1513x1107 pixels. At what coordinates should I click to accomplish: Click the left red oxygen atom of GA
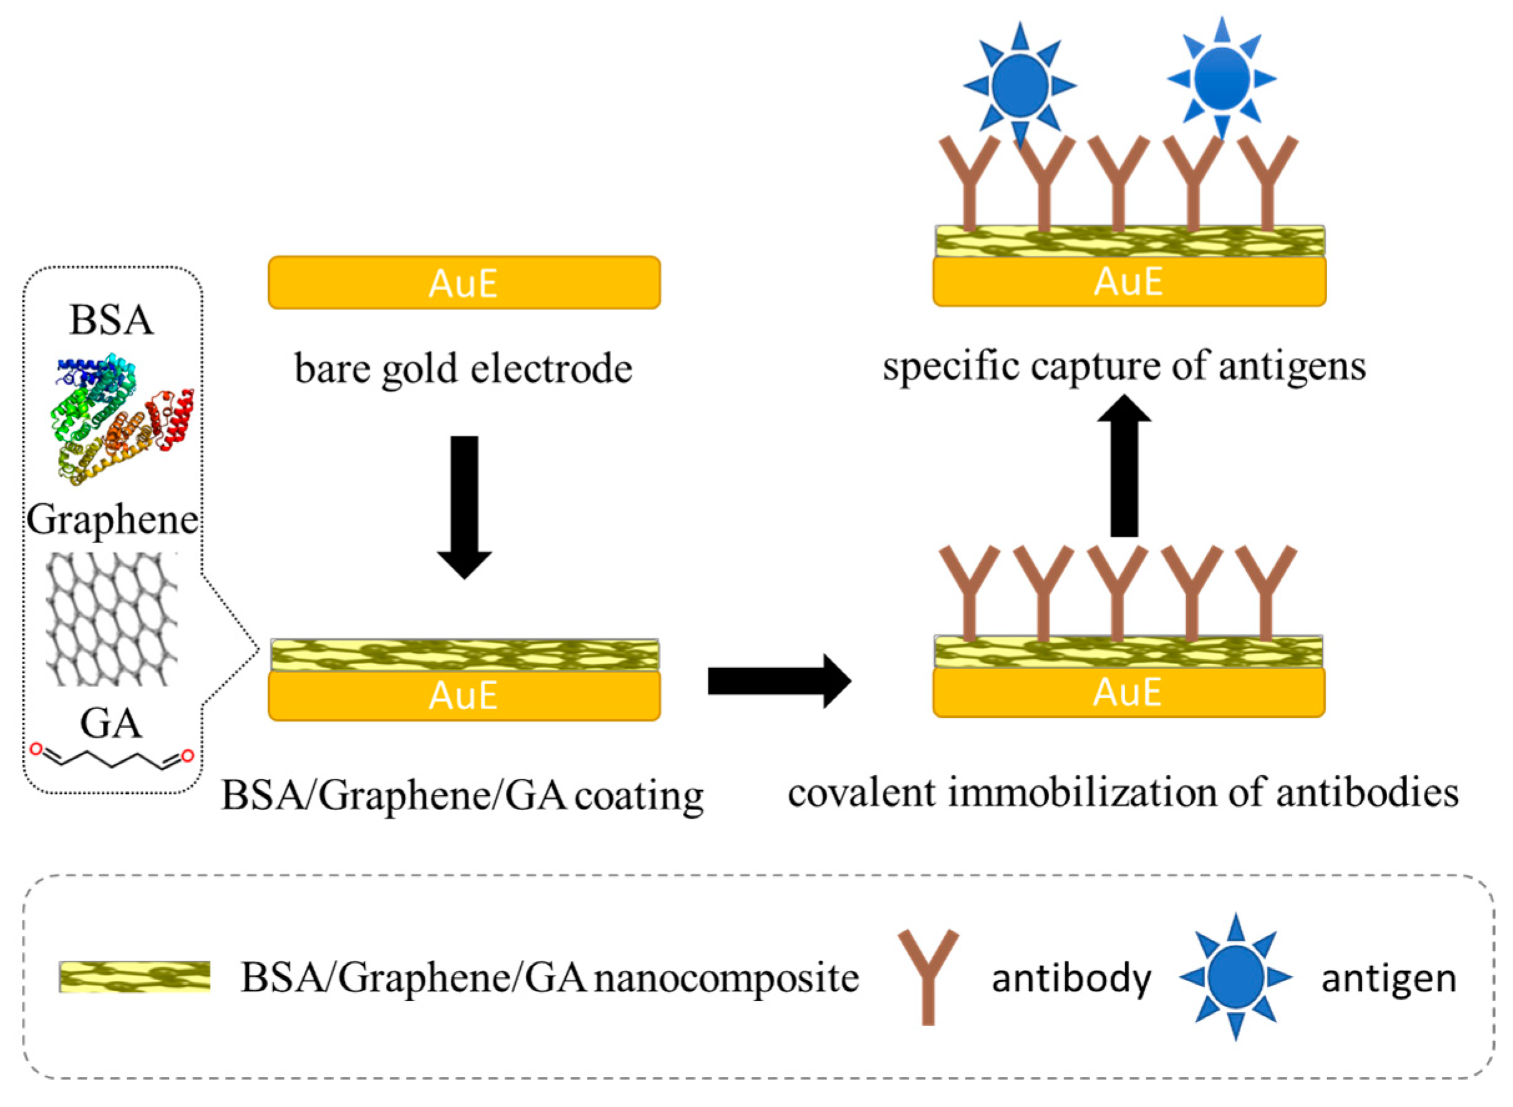coord(37,748)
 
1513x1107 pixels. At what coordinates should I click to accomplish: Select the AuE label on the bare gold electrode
coord(463,283)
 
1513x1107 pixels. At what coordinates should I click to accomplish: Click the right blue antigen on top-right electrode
coord(1222,79)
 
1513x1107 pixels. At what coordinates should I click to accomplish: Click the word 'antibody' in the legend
coord(1071,979)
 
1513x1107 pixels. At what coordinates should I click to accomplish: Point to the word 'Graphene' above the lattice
coord(112,520)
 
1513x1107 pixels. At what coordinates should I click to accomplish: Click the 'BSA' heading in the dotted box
coord(111,320)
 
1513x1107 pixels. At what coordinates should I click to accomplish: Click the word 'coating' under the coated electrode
coord(639,796)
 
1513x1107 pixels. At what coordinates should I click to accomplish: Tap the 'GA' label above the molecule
coord(110,723)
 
